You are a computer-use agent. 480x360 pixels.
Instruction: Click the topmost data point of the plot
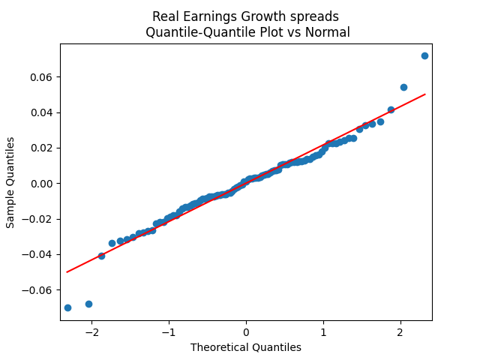point(424,55)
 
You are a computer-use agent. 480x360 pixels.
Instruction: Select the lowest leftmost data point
point(67,307)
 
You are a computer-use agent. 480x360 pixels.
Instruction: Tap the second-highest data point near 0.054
point(403,87)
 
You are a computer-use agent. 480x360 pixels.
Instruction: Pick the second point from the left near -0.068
point(88,304)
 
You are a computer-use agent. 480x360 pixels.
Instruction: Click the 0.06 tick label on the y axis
point(42,77)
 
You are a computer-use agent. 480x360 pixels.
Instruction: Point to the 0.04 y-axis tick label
point(42,112)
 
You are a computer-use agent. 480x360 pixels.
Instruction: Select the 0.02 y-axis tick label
point(42,148)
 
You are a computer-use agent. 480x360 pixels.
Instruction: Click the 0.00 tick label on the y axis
point(42,184)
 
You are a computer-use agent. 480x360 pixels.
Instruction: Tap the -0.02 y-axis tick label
point(39,219)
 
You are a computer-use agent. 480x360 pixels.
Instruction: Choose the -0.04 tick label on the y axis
point(39,254)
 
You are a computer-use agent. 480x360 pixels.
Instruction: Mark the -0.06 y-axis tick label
point(39,289)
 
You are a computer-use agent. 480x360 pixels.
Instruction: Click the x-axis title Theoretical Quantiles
point(246,347)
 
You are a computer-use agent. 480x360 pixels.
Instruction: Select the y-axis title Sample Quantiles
point(10,182)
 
